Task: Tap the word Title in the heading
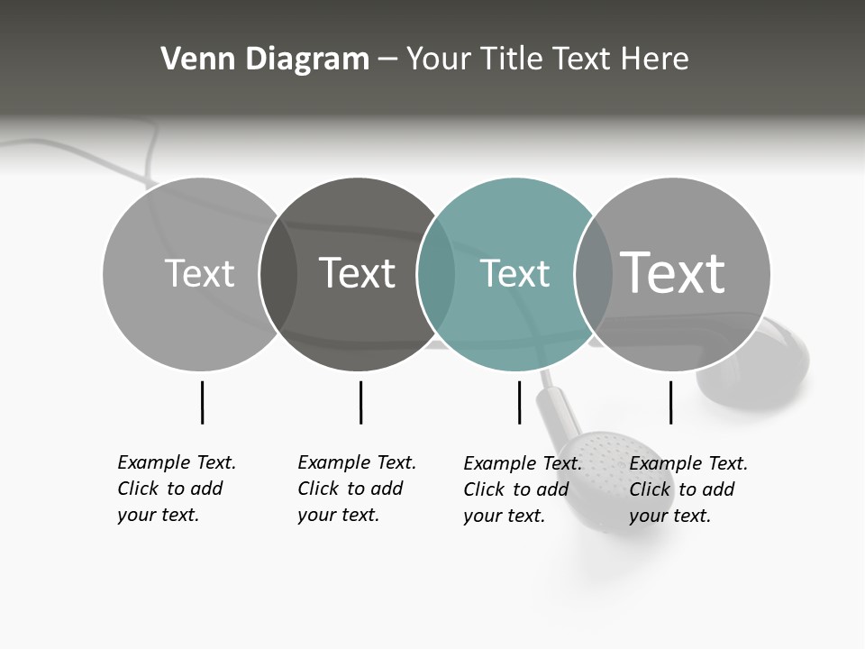pyautogui.click(x=510, y=59)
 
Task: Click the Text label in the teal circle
pyautogui.click(x=514, y=273)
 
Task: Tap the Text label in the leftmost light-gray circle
pyautogui.click(x=199, y=273)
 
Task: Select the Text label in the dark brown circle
pyautogui.click(x=357, y=273)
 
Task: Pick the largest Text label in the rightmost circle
pyautogui.click(x=672, y=273)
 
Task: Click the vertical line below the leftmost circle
pyautogui.click(x=202, y=402)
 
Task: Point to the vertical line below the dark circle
pyautogui.click(x=360, y=402)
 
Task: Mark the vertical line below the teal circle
pyautogui.click(x=519, y=402)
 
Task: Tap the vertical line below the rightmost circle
pyautogui.click(x=670, y=402)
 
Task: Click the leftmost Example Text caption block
pyautogui.click(x=177, y=489)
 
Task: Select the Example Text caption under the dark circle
pyautogui.click(x=357, y=489)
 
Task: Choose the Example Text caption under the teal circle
pyautogui.click(x=523, y=489)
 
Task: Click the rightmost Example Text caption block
pyautogui.click(x=688, y=489)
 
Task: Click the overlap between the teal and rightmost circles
pyautogui.click(x=587, y=274)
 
